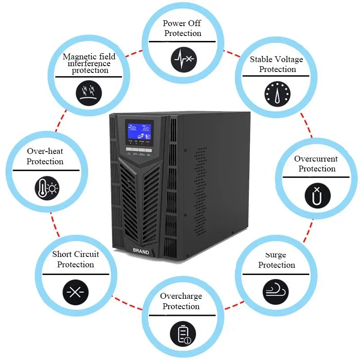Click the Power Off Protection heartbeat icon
point(184,59)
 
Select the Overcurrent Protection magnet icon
point(318,194)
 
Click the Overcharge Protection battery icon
point(183,334)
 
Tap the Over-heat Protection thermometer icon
point(47,187)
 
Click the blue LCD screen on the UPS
point(139,131)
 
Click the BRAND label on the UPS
point(141,252)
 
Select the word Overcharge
point(181,296)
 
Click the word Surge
point(275,255)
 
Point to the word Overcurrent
point(316,159)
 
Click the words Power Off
point(182,23)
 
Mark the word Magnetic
point(77,57)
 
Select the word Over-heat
point(45,152)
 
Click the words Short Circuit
point(75,254)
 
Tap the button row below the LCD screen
point(139,150)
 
